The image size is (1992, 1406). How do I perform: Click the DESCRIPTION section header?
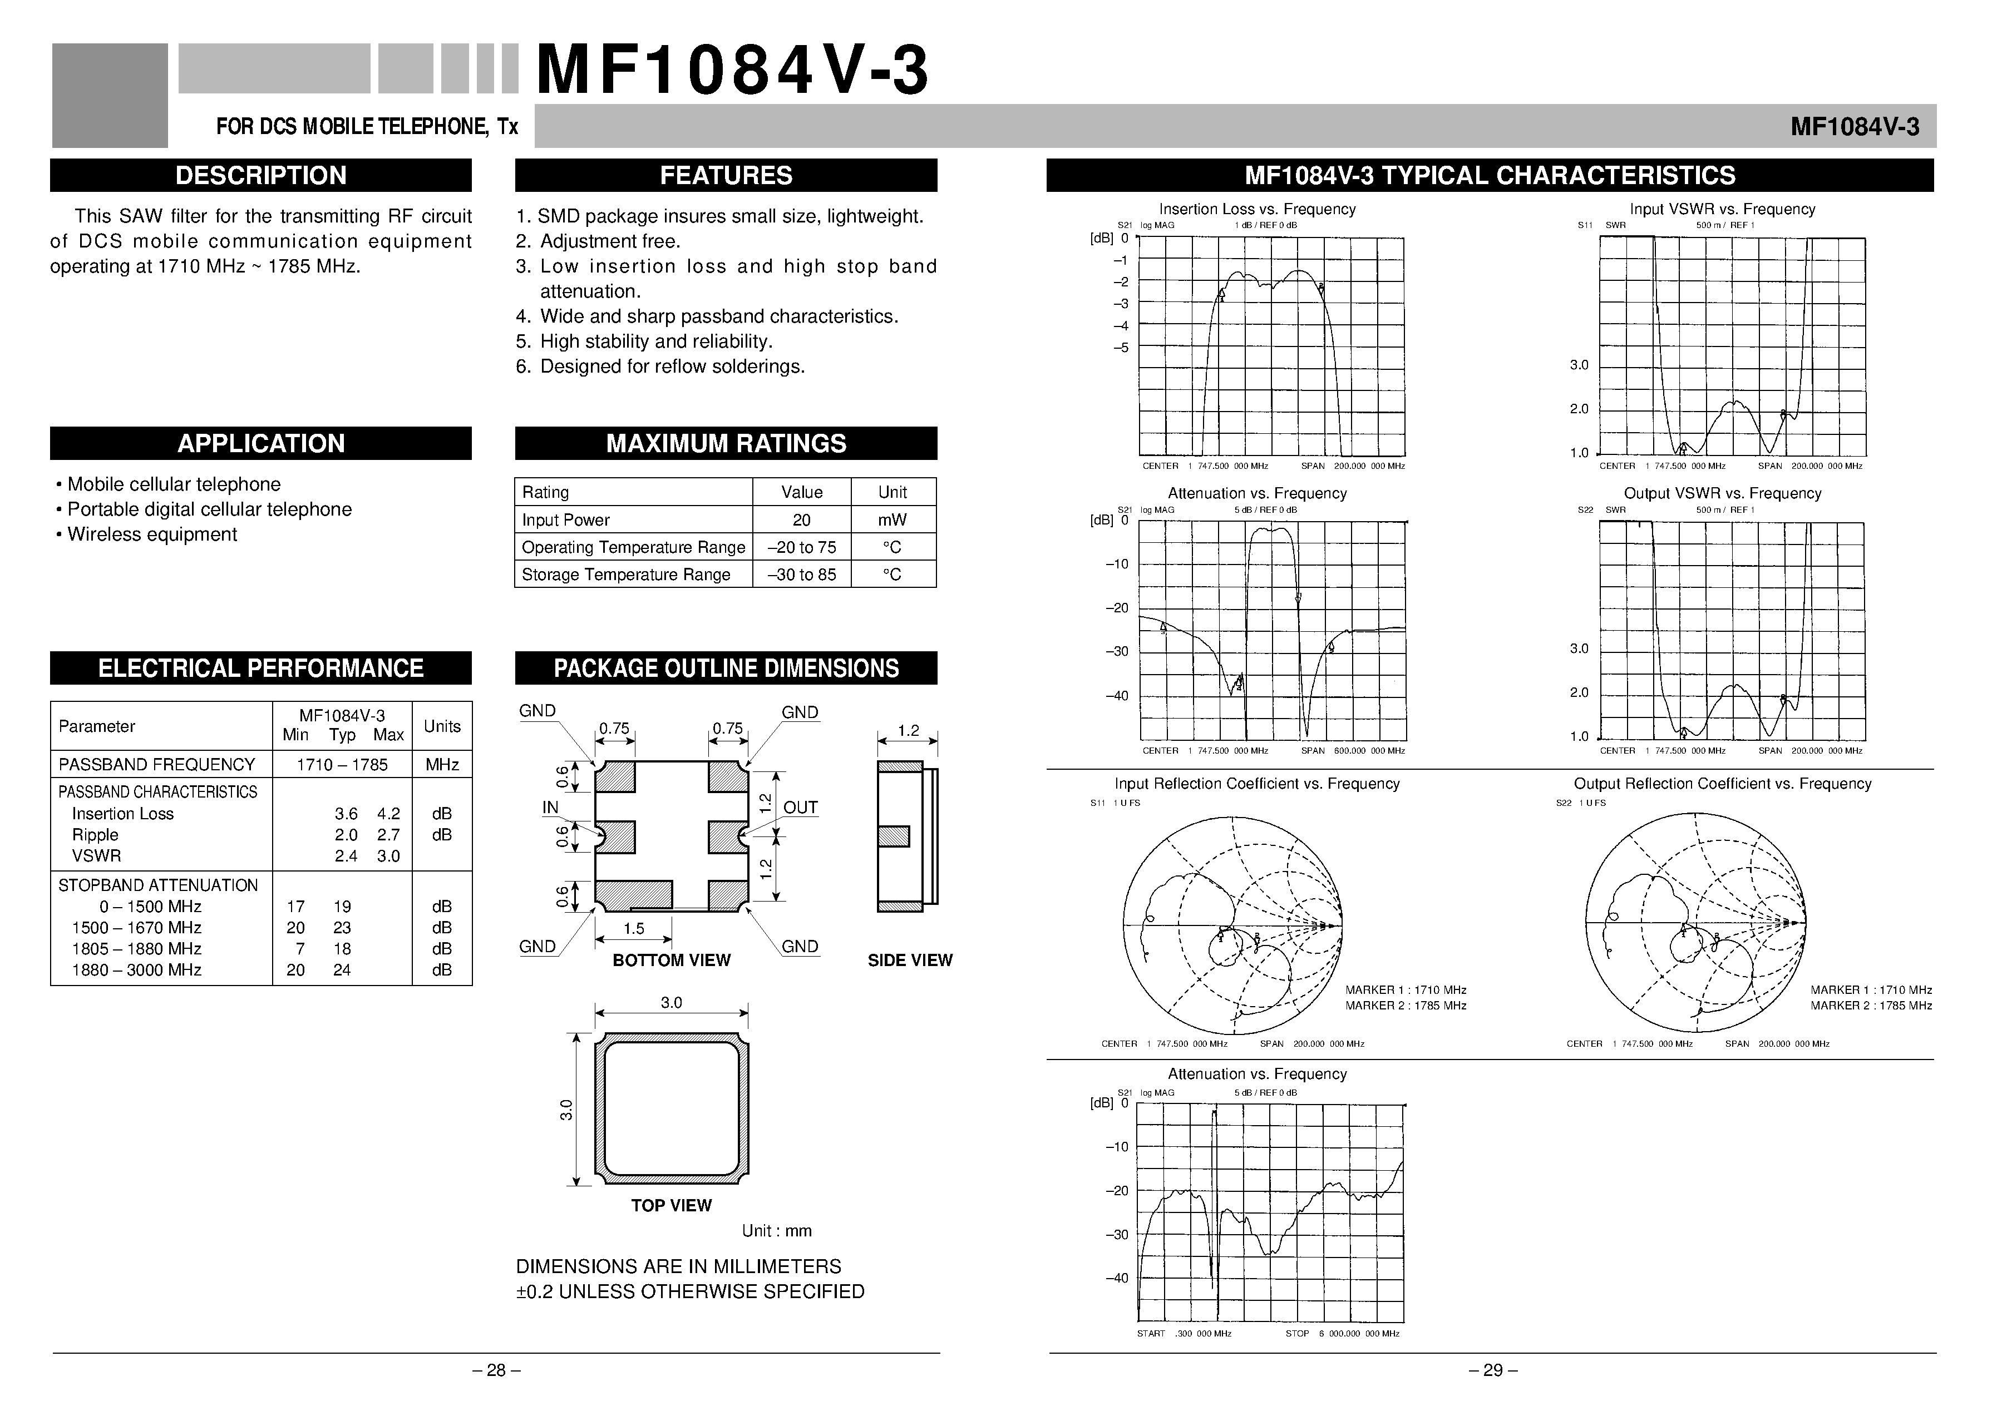(260, 175)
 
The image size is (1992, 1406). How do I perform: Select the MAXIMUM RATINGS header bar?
(726, 443)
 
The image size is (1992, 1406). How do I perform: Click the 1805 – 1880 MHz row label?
(136, 949)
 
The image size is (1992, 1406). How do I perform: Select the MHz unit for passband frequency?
(442, 764)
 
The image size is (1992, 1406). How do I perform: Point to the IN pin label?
(550, 808)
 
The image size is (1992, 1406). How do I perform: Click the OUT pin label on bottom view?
(800, 808)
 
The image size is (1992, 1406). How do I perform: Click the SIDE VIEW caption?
(909, 960)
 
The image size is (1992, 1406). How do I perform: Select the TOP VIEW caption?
(670, 1206)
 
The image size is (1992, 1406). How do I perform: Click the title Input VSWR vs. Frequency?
(1722, 209)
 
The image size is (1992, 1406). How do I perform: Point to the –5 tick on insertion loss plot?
(1121, 348)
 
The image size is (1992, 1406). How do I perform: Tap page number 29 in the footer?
(1492, 1370)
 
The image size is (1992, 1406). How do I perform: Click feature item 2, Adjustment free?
(609, 241)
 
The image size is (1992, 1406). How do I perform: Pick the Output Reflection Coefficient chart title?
(1722, 783)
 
